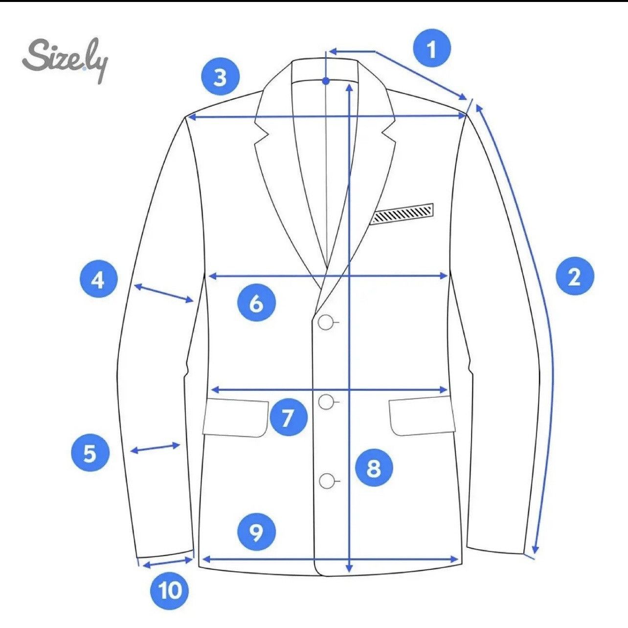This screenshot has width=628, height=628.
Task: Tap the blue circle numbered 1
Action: tap(432, 49)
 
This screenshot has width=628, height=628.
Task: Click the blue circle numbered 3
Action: tap(220, 78)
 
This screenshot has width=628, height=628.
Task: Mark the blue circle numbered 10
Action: tap(169, 590)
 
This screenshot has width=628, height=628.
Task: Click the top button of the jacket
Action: tap(326, 323)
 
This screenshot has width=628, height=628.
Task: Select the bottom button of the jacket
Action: tap(326, 481)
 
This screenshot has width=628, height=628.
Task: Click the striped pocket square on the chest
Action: tap(404, 214)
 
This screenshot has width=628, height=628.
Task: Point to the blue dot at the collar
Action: tap(326, 81)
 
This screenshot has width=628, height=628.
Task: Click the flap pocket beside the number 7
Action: tap(235, 418)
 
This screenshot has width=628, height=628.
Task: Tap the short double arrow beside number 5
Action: tap(155, 448)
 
